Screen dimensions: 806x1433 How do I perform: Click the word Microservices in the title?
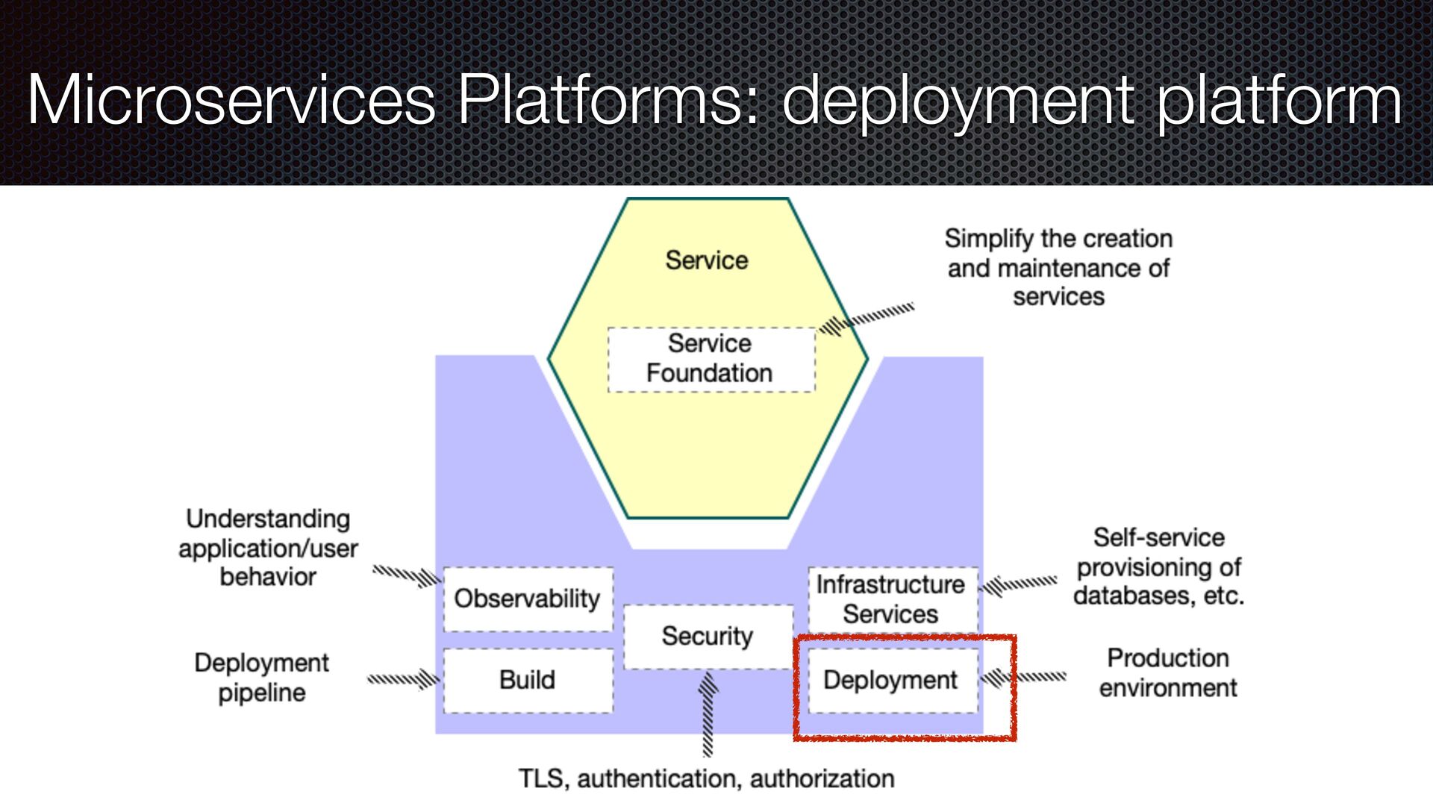(231, 100)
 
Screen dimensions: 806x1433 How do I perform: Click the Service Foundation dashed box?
(711, 359)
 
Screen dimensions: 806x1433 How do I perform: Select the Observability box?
(528, 599)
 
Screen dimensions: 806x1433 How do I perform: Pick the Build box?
(528, 680)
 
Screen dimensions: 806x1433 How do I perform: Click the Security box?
(708, 636)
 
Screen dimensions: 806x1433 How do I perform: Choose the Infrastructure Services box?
(891, 599)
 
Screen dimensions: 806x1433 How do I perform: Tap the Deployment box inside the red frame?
(891, 680)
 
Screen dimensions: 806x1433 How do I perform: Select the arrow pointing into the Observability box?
(408, 575)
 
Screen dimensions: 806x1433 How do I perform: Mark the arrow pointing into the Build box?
(403, 679)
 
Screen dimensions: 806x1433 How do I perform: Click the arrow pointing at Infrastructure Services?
(1020, 584)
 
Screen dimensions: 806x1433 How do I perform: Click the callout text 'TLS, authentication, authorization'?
(707, 779)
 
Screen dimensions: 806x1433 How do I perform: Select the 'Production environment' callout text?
(1168, 673)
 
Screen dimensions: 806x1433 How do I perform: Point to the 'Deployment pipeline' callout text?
(262, 678)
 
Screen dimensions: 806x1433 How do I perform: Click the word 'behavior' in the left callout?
(268, 578)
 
